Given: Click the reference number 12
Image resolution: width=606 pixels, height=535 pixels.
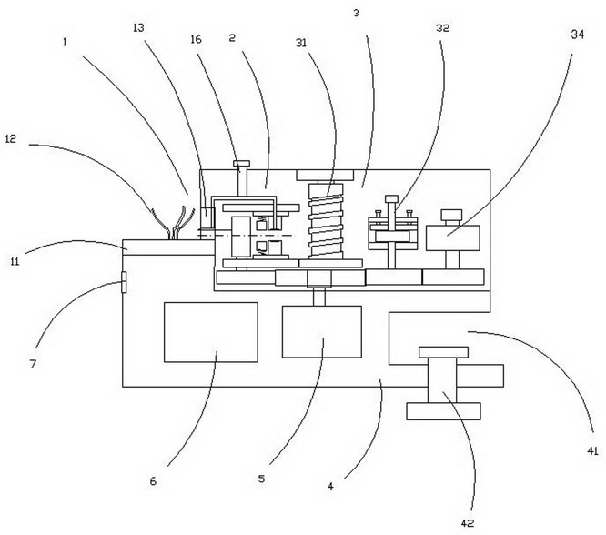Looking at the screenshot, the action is click(11, 139).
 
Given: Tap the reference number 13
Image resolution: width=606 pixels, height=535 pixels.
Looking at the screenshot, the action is click(138, 28).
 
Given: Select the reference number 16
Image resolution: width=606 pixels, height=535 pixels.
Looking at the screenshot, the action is click(196, 39).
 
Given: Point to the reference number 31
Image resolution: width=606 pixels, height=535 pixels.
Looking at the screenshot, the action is click(301, 43).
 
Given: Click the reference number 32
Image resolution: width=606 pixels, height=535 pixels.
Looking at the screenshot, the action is click(442, 28).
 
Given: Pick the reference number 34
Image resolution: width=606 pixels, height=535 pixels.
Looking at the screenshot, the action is click(578, 35).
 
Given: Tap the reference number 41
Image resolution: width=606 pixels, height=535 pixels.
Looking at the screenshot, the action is click(593, 450).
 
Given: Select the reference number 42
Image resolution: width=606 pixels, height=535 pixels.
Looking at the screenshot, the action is click(468, 523).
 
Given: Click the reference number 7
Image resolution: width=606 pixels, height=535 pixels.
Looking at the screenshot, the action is click(33, 364).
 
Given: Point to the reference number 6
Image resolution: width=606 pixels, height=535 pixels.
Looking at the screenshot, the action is click(153, 481).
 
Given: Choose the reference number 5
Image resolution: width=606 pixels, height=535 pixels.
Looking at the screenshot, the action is click(262, 479).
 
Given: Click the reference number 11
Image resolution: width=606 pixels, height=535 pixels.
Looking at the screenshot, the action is click(15, 262).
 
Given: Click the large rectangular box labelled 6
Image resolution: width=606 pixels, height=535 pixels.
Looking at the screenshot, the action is click(211, 332).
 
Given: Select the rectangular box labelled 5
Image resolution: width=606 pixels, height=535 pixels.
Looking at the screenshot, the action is click(322, 332).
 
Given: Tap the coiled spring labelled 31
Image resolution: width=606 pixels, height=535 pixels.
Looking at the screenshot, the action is click(326, 221).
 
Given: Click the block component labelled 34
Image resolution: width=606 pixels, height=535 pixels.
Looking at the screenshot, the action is click(452, 237).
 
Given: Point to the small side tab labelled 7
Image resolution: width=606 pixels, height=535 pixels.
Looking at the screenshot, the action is click(124, 282).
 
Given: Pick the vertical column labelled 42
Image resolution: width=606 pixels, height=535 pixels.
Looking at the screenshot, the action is click(442, 380).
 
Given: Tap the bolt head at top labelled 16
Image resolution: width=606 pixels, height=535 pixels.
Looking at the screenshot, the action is click(241, 164).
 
